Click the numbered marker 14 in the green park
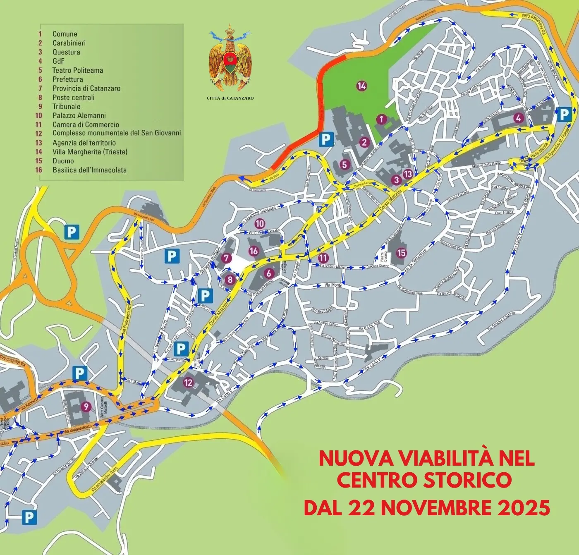click(x=361, y=86)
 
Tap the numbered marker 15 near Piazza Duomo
click(x=401, y=252)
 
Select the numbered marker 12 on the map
click(x=188, y=383)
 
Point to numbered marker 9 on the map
click(x=86, y=407)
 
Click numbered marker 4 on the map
click(x=518, y=118)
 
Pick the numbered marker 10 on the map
click(x=260, y=224)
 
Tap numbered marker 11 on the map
click(x=323, y=257)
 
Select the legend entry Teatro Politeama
click(x=77, y=70)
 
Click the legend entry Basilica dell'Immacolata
click(x=89, y=170)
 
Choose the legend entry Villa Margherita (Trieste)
click(x=90, y=152)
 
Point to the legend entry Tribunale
click(x=66, y=106)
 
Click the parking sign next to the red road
click(x=326, y=139)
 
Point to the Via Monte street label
click(x=333, y=285)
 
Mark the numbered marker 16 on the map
click(x=254, y=251)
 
